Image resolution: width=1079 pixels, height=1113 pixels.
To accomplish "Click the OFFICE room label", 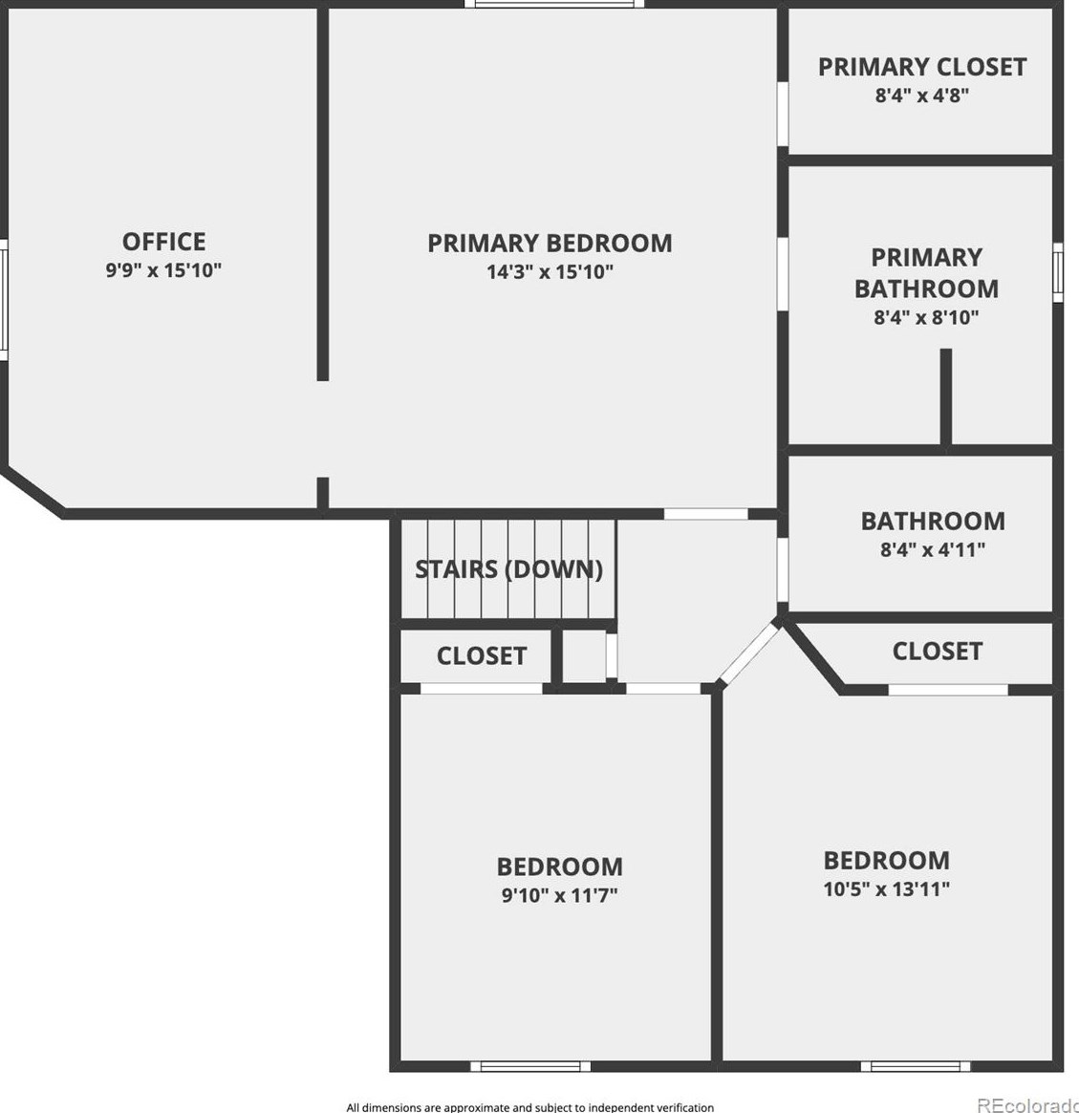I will [163, 241].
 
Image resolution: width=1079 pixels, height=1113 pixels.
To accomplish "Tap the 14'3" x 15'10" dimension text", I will [550, 271].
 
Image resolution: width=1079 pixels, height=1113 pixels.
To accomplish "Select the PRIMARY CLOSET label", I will [922, 67].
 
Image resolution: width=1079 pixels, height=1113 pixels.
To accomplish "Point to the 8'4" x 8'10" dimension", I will [926, 317].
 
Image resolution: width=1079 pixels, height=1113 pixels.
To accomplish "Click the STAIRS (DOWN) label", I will [508, 569].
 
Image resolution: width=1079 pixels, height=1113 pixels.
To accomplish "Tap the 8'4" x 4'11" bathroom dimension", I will [932, 549].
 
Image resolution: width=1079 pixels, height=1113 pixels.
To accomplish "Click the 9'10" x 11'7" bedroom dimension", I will [559, 895].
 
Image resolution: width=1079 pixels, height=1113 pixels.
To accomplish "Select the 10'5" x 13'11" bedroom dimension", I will [886, 888].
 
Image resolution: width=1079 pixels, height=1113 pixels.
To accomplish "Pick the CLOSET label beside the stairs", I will [481, 655].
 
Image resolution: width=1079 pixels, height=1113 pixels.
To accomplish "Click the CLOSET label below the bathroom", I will [937, 651].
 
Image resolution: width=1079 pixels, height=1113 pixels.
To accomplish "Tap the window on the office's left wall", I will [3, 298].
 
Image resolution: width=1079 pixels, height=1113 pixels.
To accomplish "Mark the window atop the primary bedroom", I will [553, 4].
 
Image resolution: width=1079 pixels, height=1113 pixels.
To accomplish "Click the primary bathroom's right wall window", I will [1058, 272].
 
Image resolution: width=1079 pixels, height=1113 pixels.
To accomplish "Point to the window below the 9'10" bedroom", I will [529, 1066].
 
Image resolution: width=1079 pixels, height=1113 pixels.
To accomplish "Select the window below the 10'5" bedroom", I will [915, 1066].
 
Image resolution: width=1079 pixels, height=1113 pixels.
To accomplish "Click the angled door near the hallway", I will [750, 653].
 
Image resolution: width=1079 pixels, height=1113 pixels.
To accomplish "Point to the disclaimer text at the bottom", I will [529, 1107].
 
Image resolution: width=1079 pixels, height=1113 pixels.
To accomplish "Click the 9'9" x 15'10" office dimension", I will [163, 270].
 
